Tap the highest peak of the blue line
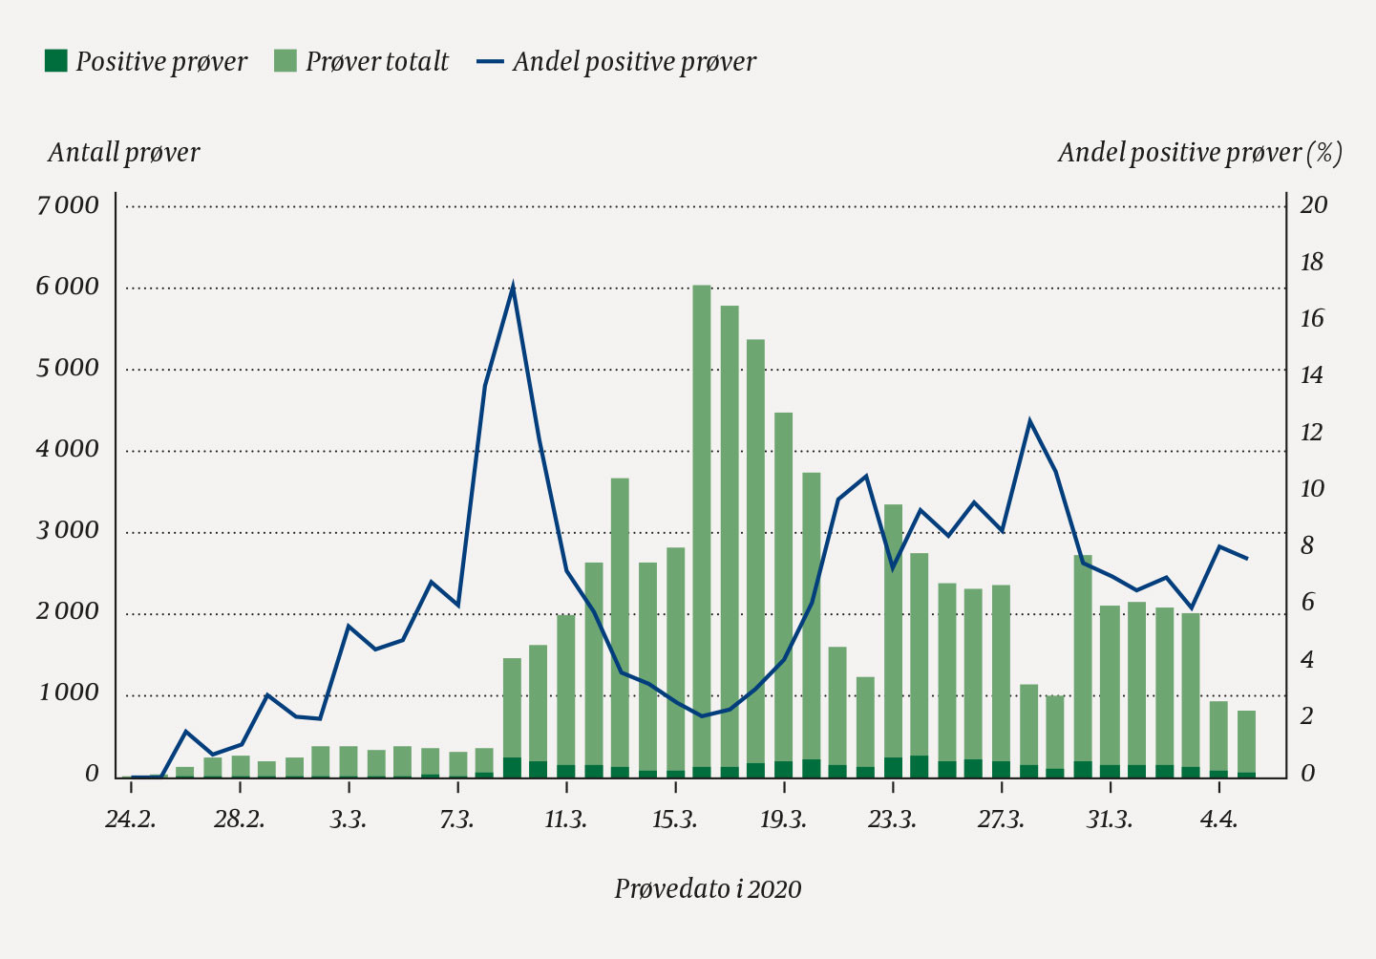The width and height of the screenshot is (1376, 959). (x=513, y=285)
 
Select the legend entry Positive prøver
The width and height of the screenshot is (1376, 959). (x=145, y=62)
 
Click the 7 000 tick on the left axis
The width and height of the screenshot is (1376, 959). (x=68, y=205)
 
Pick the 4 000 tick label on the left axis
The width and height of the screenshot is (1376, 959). (x=68, y=449)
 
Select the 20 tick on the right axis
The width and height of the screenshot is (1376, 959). (x=1314, y=205)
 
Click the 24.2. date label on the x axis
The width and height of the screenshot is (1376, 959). (x=131, y=820)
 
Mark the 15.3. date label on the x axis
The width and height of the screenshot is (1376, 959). (x=675, y=820)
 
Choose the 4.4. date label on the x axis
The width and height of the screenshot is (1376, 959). (x=1219, y=820)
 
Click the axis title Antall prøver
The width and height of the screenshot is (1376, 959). (x=124, y=153)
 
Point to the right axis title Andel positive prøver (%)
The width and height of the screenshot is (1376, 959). (x=1199, y=153)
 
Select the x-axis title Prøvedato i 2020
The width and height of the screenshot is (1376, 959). (x=708, y=889)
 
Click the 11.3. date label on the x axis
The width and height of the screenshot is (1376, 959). (x=566, y=820)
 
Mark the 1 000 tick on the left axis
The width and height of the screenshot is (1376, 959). (x=70, y=693)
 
